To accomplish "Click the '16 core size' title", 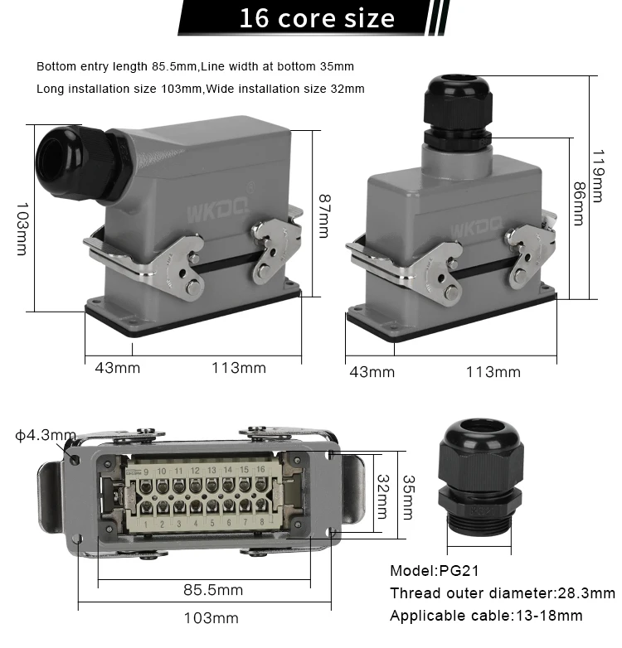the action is tap(317, 18).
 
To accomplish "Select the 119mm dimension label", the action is tap(597, 176).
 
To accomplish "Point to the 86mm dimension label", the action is tap(579, 204).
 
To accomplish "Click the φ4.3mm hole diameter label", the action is tap(46, 435).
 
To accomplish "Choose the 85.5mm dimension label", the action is tap(213, 590).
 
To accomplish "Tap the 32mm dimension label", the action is tap(383, 496).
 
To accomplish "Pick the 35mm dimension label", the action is tap(409, 497).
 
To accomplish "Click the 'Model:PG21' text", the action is tap(435, 571).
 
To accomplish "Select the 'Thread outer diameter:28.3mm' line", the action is tap(503, 593).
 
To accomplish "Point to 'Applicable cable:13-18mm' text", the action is tap(486, 616).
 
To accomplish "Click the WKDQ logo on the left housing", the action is tap(218, 212).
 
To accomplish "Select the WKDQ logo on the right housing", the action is tap(475, 229).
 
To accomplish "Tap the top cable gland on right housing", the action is tap(458, 113).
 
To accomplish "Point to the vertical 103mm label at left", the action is tap(22, 229).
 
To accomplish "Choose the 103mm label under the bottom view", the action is tap(211, 618).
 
